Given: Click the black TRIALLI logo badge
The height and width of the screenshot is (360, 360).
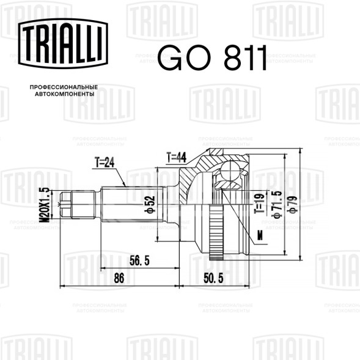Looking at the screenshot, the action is coord(63,43).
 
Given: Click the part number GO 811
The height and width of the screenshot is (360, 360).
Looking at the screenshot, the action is coord(212,58).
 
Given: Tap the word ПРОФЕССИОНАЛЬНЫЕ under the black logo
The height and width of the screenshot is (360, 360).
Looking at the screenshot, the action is coord(64,87).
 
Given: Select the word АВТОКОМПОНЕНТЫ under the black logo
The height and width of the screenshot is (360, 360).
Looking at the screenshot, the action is coord(65,94).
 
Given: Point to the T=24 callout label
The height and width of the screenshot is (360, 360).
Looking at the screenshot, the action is coord(105,163).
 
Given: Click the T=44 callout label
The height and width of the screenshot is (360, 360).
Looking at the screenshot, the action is coord(176,157).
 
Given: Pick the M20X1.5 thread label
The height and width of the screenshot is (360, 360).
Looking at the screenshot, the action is coord(44,205).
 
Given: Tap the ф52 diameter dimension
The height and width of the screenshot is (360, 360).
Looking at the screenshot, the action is coord(150,204).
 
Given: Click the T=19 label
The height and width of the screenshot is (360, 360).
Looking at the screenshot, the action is coord(259,203).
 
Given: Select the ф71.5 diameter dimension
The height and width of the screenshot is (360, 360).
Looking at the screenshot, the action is coord(277,204).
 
